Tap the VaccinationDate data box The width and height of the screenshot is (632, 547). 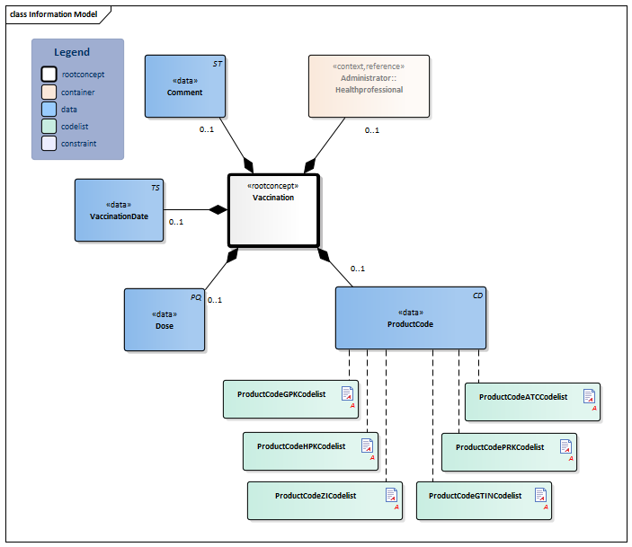(119, 210)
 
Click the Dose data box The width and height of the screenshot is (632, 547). (164, 319)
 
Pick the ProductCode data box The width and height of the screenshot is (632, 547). (410, 318)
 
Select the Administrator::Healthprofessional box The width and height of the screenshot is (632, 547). (369, 85)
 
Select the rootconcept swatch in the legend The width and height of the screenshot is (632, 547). (49, 75)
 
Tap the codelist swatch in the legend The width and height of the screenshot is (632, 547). (49, 126)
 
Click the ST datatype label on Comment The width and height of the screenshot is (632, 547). (217, 65)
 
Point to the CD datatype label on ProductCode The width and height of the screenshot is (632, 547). (477, 296)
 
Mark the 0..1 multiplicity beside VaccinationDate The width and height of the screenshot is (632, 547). (176, 222)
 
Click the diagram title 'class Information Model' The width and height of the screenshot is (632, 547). (54, 14)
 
